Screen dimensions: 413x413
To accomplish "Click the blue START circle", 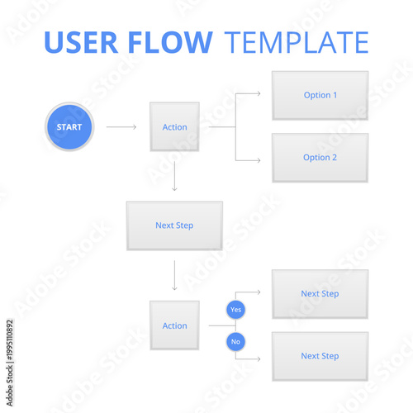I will [x=69, y=127].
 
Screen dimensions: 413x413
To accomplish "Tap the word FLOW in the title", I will [x=176, y=42].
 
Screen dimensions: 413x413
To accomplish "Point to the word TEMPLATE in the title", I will [x=297, y=42].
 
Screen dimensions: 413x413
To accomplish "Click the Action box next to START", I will [x=174, y=127].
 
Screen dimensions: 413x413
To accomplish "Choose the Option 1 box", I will [x=320, y=95].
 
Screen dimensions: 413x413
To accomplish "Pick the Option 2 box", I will [x=320, y=158].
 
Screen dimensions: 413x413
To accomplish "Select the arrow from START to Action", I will [x=121, y=127].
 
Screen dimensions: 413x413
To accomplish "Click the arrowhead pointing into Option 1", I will [x=259, y=94].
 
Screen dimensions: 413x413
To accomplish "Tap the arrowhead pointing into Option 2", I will [x=259, y=158].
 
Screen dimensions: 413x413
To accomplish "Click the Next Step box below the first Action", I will [x=174, y=225].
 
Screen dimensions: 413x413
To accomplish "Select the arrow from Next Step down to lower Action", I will [x=174, y=275].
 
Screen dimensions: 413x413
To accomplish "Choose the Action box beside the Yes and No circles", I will [x=174, y=325].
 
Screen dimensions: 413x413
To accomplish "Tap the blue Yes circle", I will [x=236, y=310].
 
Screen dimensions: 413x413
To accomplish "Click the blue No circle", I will [x=236, y=341].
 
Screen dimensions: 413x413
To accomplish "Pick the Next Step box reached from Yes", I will [x=320, y=293].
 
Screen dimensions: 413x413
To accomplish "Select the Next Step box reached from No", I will [x=320, y=356].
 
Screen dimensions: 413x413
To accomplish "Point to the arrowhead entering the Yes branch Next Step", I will [x=259, y=292].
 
